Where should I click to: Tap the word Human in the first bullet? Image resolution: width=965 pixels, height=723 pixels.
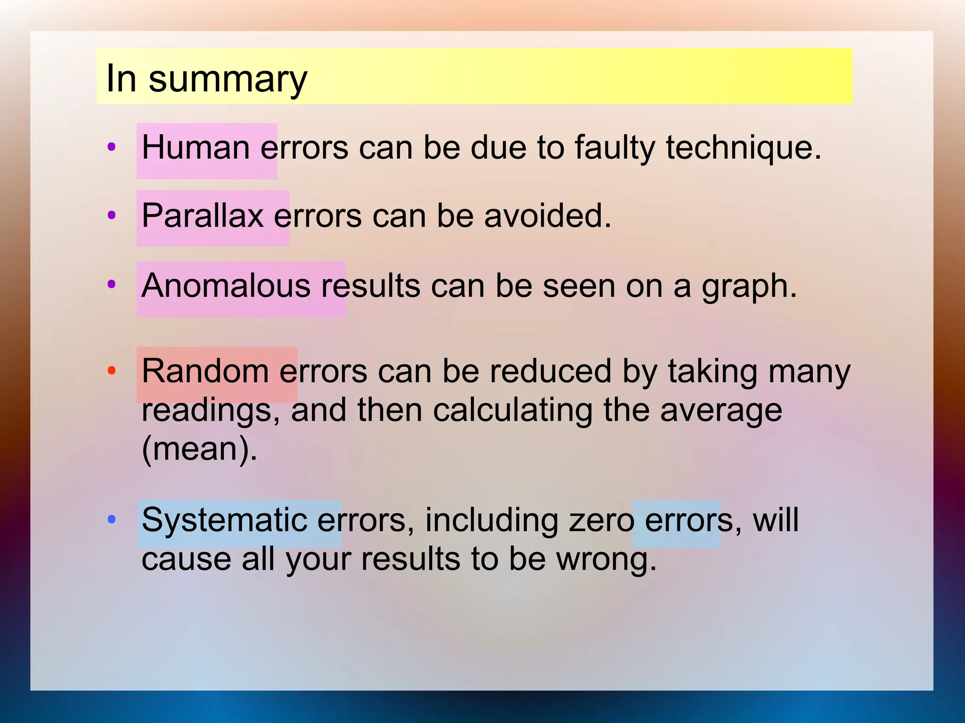[196, 148]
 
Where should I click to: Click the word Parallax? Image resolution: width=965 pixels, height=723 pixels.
[202, 216]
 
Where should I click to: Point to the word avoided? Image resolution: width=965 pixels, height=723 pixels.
[547, 216]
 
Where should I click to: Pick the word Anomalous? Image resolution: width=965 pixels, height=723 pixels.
[226, 286]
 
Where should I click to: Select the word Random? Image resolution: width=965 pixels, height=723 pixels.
[205, 371]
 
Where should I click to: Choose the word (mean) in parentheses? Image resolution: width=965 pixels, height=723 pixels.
[199, 449]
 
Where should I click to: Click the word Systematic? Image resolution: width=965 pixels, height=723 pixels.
[224, 521]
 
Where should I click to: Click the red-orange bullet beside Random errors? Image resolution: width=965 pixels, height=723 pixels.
[112, 370]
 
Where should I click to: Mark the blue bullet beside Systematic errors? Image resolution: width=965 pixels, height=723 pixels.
[112, 520]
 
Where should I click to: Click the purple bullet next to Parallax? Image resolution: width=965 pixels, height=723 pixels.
[112, 216]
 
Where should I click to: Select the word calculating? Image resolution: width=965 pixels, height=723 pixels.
[513, 410]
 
